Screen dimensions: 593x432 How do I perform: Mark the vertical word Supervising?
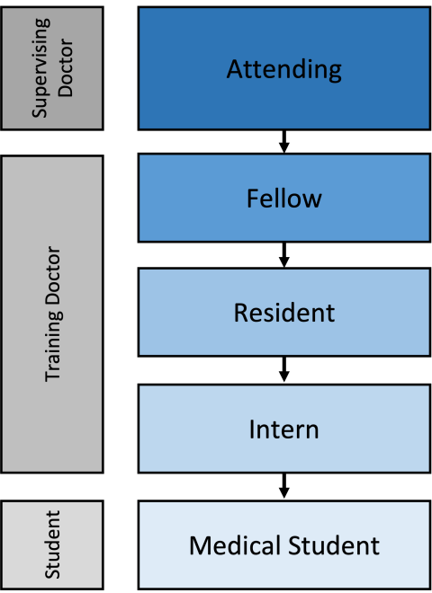point(40,68)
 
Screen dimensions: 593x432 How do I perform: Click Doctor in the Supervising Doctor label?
point(66,68)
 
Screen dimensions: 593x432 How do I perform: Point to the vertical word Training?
point(53,345)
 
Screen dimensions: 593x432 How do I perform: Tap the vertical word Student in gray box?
point(52,545)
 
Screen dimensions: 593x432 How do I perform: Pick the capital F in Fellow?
point(253,198)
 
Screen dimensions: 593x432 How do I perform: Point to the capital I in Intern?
point(252,429)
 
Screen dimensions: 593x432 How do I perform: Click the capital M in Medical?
point(200,545)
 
